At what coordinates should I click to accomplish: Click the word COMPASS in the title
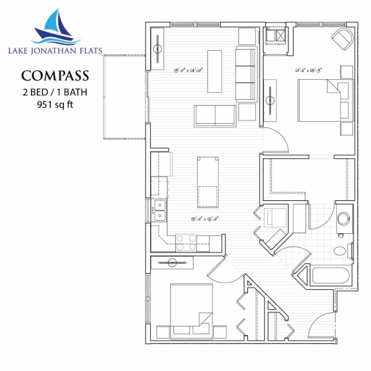[x=55, y=76]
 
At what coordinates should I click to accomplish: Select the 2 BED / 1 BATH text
[x=55, y=91]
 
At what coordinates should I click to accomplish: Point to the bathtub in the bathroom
[x=328, y=275]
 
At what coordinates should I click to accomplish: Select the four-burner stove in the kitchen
[x=187, y=242]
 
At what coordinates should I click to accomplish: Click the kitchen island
[x=207, y=182]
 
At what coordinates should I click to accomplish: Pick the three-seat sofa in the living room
[x=245, y=74]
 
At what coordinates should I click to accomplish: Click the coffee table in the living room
[x=214, y=71]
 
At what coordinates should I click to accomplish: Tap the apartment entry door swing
[x=322, y=325]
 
